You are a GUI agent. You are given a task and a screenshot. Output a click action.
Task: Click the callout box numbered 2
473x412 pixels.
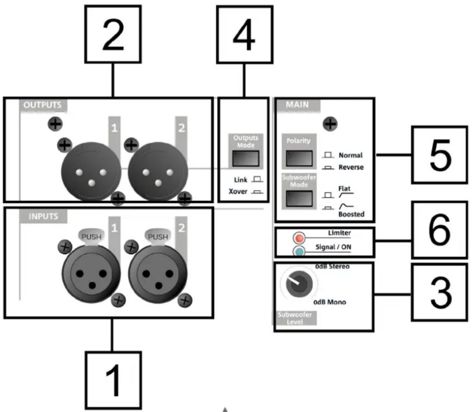[x=113, y=34]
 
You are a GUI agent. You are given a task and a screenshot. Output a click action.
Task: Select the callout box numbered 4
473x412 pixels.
[x=244, y=34]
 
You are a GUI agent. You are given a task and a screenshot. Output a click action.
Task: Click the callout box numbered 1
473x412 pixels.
[x=112, y=379]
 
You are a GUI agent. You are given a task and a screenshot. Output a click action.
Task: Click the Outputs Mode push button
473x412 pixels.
[x=245, y=159]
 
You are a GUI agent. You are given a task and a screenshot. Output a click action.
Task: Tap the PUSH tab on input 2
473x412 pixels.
[x=158, y=237]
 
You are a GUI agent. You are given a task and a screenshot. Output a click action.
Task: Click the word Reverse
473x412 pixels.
[x=351, y=167]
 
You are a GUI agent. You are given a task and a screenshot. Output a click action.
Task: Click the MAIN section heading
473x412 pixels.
[x=297, y=105]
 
